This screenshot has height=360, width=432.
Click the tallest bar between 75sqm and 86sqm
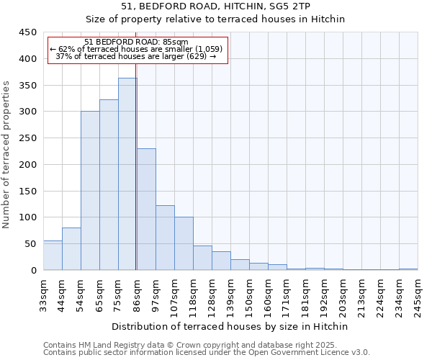point(127,174)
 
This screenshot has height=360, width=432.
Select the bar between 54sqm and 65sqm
point(90,191)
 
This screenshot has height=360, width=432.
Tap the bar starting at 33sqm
point(53,256)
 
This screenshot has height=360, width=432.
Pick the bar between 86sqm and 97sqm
point(146,210)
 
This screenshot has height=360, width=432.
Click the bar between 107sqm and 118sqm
point(184,243)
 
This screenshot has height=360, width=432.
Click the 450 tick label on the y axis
point(27,32)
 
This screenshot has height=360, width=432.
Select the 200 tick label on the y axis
point(27,165)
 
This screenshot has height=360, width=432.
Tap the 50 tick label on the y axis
point(30,244)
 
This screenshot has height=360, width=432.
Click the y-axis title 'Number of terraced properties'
point(6,155)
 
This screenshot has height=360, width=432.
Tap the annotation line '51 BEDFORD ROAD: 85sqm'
point(136,42)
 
